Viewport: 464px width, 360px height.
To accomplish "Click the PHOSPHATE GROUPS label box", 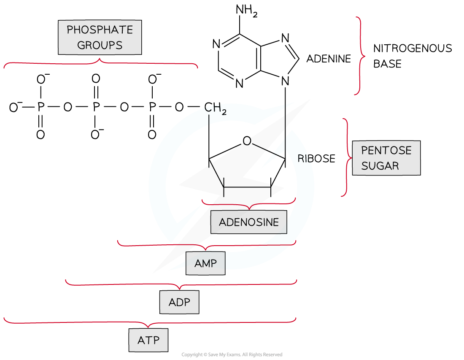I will (x=100, y=38).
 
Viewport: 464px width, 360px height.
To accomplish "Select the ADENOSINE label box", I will (x=249, y=222).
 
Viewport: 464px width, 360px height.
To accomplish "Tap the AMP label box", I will (x=205, y=263).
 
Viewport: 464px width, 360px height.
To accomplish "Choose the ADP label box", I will (x=179, y=302).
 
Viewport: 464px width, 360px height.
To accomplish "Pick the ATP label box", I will (x=148, y=340).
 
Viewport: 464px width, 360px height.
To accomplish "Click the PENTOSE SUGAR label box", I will (x=386, y=158).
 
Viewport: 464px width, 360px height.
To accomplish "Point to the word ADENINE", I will (x=328, y=59).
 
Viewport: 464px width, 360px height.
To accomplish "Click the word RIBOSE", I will (x=316, y=159).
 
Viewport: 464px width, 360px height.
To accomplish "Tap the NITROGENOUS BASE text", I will (x=412, y=56).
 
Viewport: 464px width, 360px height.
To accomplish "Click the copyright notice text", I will (x=232, y=355).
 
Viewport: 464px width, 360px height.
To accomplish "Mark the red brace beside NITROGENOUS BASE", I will (x=359, y=55).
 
